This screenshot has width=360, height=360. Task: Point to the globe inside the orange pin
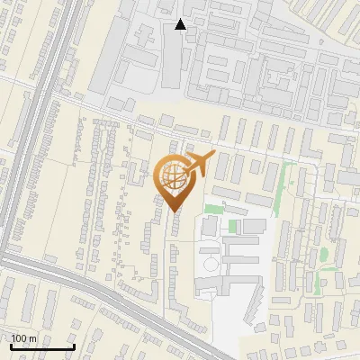pos(172,175)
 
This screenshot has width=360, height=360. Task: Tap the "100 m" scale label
pos(23,338)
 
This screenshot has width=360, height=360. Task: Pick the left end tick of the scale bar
pos(10,346)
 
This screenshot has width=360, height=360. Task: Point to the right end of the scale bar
pos(74,346)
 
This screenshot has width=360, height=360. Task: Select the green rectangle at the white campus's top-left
pos(213,209)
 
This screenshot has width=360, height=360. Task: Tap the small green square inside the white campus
pos(233,225)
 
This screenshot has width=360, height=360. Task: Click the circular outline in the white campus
pos(210,265)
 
